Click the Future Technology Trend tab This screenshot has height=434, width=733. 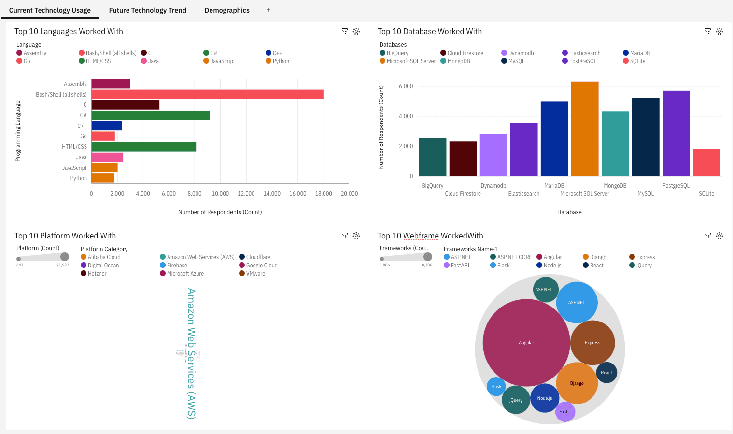coord(147,10)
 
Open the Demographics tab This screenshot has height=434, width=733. coord(227,10)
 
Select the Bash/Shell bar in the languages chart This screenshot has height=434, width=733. coord(207,95)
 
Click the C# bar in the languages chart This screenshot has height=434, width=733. coord(151,115)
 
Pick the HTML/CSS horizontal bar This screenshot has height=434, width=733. coord(143,147)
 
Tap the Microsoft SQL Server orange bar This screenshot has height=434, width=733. coord(584,129)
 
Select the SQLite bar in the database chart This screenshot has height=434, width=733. coord(706,163)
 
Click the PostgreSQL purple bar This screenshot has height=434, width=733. coord(676,133)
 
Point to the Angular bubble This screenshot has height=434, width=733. coord(526,343)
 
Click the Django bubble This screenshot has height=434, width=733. coord(577,383)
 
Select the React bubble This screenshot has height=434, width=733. coord(606,373)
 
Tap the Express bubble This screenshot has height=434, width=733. coord(592,343)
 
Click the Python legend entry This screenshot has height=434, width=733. coord(281,61)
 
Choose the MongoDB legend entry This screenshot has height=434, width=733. coord(458,61)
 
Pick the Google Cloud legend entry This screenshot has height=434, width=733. coord(261,266)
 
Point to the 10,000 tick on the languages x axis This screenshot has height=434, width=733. coord(220,194)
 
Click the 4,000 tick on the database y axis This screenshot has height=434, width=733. coord(406,116)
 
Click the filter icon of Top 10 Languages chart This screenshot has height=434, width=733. coord(344,31)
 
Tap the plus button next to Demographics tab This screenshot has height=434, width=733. coord(268,10)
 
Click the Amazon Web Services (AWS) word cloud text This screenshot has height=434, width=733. coord(191,353)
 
